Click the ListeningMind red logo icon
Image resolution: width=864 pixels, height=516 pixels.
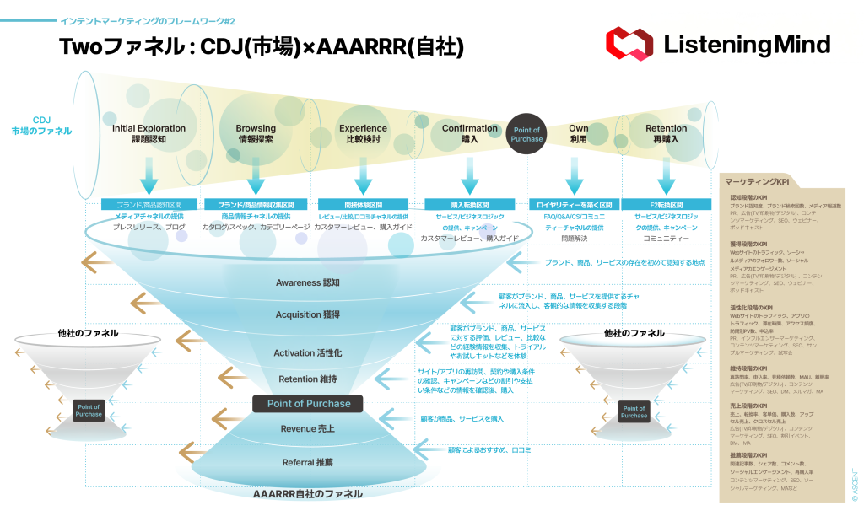pyautogui.click(x=629, y=44)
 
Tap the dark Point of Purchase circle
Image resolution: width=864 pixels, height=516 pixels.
pyautogui.click(x=526, y=134)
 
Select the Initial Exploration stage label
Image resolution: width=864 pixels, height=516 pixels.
pyautogui.click(x=148, y=134)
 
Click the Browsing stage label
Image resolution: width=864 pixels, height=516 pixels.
pyautogui.click(x=256, y=134)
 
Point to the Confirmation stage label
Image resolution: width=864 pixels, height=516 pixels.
pyautogui.click(x=470, y=134)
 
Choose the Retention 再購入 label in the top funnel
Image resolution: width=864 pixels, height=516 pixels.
pyautogui.click(x=666, y=134)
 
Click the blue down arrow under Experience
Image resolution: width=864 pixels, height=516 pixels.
pyautogui.click(x=364, y=175)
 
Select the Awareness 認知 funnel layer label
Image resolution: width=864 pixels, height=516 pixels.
pyautogui.click(x=307, y=282)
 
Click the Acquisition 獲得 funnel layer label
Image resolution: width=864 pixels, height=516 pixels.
pyautogui.click(x=307, y=314)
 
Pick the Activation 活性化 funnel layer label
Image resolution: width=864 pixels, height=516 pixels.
pyautogui.click(x=307, y=352)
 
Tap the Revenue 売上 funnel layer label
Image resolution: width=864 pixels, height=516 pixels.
pyautogui.click(x=307, y=429)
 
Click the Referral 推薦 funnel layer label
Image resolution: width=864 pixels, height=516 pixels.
pyautogui.click(x=307, y=462)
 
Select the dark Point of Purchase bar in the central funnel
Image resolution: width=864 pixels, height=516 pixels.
pyautogui.click(x=308, y=403)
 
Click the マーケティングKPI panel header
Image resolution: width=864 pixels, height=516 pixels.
pyautogui.click(x=759, y=182)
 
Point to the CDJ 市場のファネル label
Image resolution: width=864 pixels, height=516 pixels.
pyautogui.click(x=41, y=126)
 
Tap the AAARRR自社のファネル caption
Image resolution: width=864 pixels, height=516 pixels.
pyautogui.click(x=308, y=493)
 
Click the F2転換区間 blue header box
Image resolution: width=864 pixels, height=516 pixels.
pyautogui.click(x=667, y=204)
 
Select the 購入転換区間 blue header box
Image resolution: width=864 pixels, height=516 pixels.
pyautogui.click(x=469, y=204)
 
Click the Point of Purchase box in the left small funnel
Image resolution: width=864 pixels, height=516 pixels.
pyautogui.click(x=89, y=411)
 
